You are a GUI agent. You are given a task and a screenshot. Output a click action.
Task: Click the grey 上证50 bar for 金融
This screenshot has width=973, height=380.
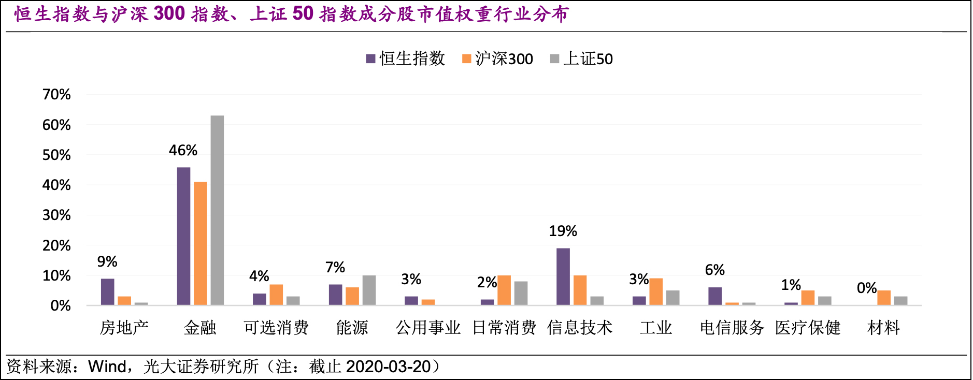[217, 210]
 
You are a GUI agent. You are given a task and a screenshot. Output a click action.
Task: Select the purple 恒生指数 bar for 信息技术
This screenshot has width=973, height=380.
[563, 276]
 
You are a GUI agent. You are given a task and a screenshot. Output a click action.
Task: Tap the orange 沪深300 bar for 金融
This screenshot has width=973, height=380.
[200, 243]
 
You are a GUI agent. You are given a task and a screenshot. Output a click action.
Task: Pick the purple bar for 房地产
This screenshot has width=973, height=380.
[107, 291]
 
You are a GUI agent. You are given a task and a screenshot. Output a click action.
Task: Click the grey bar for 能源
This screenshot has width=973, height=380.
[369, 290]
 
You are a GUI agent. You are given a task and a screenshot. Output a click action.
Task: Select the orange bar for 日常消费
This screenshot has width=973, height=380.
[504, 290]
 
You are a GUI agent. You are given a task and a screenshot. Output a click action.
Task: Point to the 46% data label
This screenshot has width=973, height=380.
[183, 151]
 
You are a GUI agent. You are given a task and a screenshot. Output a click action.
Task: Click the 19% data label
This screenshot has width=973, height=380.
[563, 231]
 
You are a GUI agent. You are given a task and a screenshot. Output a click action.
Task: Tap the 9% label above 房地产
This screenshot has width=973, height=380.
[107, 262]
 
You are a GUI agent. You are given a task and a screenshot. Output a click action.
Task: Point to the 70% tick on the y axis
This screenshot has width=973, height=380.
[56, 95]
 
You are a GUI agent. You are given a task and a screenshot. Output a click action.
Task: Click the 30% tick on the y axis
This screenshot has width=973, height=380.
[56, 215]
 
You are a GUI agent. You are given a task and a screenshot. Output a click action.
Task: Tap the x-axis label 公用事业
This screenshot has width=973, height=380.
[428, 328]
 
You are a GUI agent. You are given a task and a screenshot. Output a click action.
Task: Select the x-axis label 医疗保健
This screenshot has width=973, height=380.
[807, 328]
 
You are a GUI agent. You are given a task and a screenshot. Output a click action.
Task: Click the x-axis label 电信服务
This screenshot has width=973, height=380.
[732, 328]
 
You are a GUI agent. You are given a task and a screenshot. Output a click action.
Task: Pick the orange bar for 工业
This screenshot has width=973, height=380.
[656, 291]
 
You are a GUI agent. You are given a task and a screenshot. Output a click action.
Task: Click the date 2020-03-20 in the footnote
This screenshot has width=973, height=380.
[388, 367]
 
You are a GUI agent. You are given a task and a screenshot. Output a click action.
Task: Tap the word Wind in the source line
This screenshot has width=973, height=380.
[107, 367]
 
